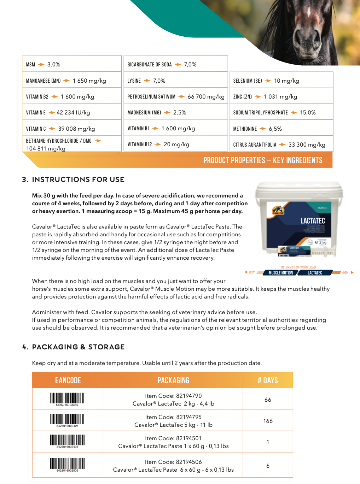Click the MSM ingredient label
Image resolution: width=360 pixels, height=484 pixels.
point(30,65)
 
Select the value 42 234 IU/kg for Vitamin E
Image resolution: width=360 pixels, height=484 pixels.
point(73,113)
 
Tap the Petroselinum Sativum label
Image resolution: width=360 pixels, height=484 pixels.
point(151,97)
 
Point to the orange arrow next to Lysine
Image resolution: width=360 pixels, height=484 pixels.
point(147,81)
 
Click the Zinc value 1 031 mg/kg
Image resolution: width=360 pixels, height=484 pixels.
point(280,97)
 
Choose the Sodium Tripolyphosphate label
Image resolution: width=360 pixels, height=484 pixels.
point(260,113)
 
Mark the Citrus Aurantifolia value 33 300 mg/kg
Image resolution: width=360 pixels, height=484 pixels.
point(307,145)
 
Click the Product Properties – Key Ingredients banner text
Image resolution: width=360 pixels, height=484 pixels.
point(263,160)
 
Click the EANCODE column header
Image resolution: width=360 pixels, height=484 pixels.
point(68,380)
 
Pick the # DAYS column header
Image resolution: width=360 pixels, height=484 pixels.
point(268,380)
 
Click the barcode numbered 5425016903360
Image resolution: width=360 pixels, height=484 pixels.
point(67,399)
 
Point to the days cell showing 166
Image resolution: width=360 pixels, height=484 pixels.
point(268,421)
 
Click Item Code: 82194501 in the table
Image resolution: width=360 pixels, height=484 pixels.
point(173,438)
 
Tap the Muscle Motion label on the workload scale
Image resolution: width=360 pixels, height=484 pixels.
point(281,273)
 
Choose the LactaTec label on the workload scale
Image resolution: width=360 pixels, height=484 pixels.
point(315,273)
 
